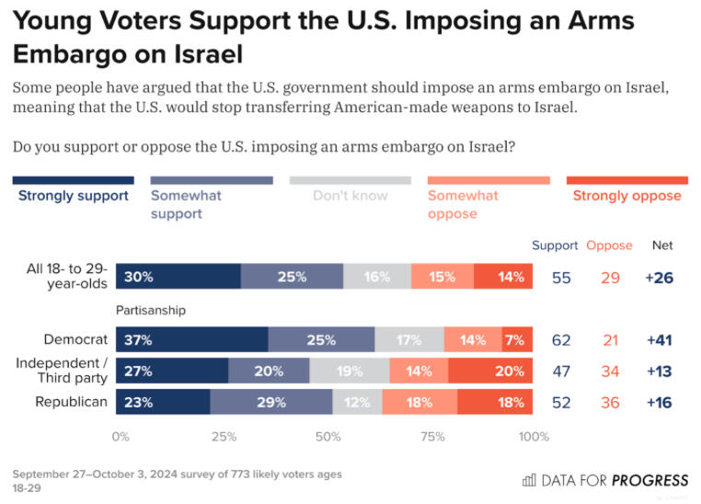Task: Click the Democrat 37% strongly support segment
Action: click(x=191, y=340)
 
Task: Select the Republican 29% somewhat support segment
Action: click(x=270, y=402)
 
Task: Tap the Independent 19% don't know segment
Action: click(x=349, y=371)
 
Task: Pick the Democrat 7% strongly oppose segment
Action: click(x=516, y=340)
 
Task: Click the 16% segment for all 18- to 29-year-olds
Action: click(x=377, y=277)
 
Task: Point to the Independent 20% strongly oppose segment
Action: click(x=490, y=371)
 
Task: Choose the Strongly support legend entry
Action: click(x=73, y=195)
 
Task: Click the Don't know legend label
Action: click(x=350, y=195)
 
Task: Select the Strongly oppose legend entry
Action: click(x=626, y=195)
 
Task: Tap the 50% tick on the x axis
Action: click(x=328, y=436)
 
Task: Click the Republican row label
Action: click(x=71, y=402)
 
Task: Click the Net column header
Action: click(x=662, y=246)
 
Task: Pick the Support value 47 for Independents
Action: click(x=561, y=371)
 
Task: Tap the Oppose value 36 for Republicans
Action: click(x=610, y=402)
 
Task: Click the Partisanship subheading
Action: click(x=150, y=310)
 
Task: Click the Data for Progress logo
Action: click(x=604, y=480)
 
